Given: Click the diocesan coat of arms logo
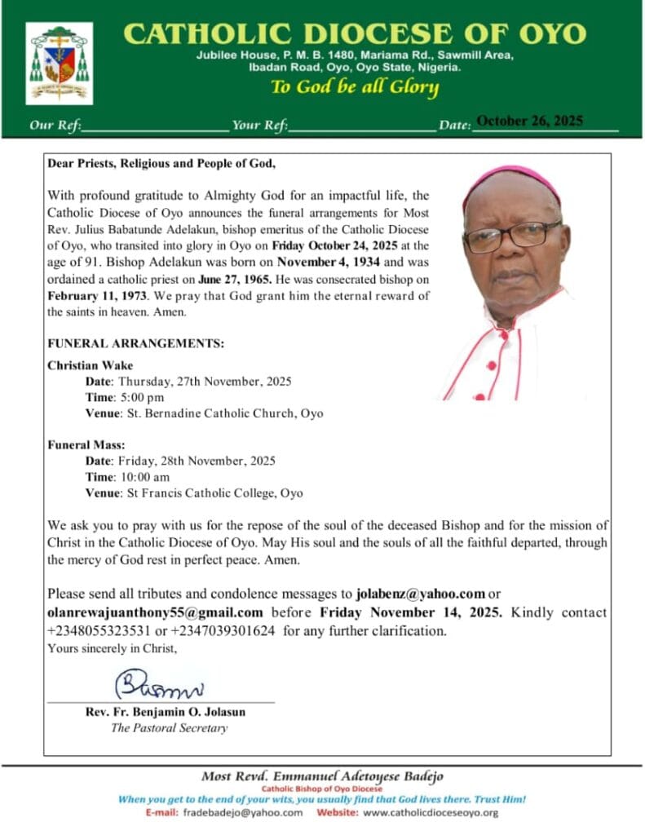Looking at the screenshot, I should click(59, 64).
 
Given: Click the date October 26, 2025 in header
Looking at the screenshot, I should click(529, 121).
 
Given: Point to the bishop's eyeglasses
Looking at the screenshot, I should click(511, 235).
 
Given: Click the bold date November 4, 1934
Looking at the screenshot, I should click(331, 263).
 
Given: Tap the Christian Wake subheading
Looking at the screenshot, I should click(90, 364).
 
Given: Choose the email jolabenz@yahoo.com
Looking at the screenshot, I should click(421, 593).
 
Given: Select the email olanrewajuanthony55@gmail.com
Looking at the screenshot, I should click(155, 612).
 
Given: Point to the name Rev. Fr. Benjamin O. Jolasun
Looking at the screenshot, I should click(166, 712).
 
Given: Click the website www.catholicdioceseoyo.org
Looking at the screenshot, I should click(431, 813).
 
